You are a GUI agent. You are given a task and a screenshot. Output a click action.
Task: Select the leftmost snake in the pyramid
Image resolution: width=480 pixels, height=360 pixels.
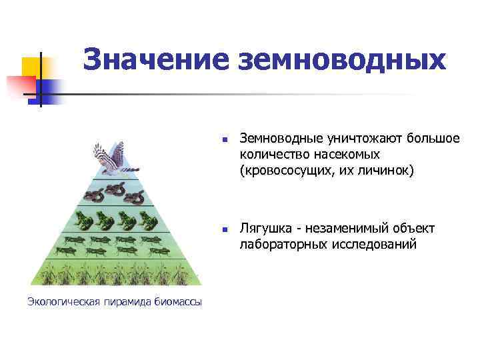pos(93,195)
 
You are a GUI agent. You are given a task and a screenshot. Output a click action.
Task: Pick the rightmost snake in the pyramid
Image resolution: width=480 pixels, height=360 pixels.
pos(134,196)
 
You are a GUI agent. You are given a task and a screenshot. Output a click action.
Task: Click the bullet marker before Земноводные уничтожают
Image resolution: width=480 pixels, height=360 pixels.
pos(225,140)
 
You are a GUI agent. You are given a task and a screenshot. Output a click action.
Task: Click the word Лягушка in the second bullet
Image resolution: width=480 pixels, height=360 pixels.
pos(264,229)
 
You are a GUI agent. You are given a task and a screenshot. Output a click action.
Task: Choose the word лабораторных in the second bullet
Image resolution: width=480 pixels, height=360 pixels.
pos(279,245)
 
